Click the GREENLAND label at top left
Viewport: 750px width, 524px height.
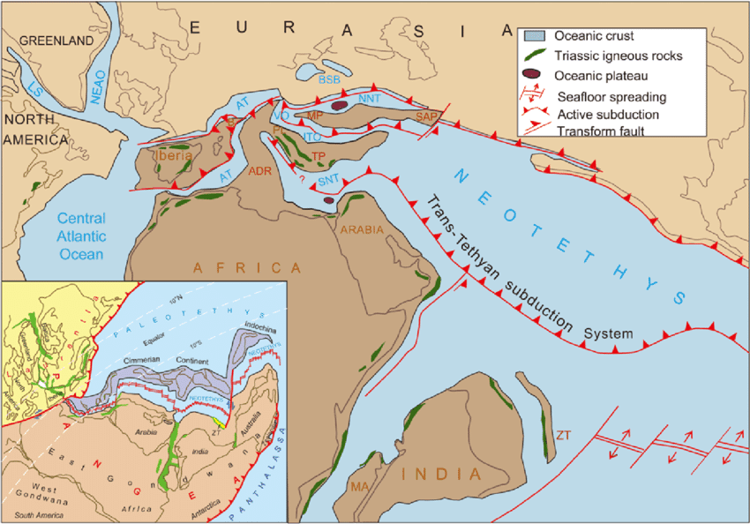pyautogui.click(x=56, y=41)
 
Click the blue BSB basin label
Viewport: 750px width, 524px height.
pyautogui.click(x=328, y=79)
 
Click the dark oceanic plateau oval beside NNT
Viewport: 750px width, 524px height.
pyautogui.click(x=340, y=106)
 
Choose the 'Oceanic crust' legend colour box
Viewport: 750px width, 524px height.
pyautogui.click(x=532, y=36)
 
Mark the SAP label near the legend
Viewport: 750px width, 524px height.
pyautogui.click(x=427, y=116)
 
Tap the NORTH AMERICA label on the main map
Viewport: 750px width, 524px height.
pyautogui.click(x=35, y=129)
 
